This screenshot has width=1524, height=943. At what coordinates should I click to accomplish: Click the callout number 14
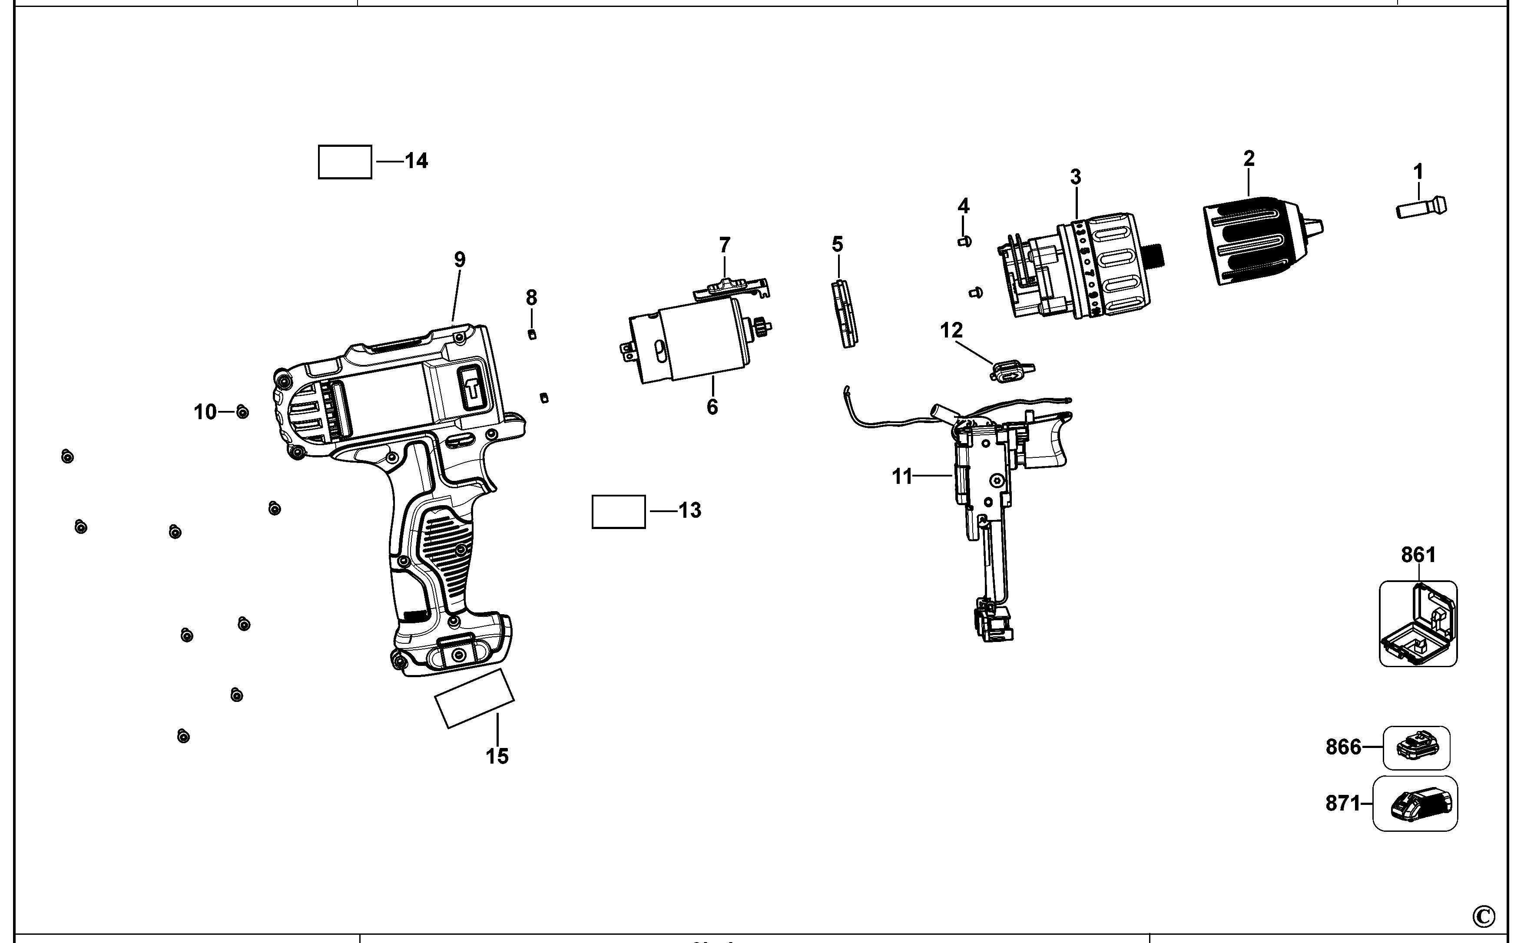tap(416, 161)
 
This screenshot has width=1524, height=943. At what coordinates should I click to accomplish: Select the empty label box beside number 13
tap(618, 512)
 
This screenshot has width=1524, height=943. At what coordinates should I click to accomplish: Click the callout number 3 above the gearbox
tap(1076, 177)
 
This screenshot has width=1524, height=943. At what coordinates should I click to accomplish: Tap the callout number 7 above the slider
tap(724, 245)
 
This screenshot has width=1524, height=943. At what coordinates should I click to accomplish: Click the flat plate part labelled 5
tap(845, 314)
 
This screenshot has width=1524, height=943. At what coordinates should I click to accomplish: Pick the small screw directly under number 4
tap(964, 242)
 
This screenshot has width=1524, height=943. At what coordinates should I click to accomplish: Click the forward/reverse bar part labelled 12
tap(1010, 372)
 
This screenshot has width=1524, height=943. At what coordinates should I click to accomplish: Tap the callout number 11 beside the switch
tap(902, 477)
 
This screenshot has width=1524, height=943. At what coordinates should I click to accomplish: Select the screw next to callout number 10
tap(243, 412)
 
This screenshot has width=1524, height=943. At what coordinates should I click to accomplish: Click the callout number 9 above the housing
tap(460, 259)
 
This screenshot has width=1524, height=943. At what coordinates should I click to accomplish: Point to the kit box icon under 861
tap(1418, 624)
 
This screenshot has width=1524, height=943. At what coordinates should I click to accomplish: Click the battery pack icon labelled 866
tap(1417, 747)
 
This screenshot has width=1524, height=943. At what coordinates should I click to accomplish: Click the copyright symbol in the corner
tap(1484, 917)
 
